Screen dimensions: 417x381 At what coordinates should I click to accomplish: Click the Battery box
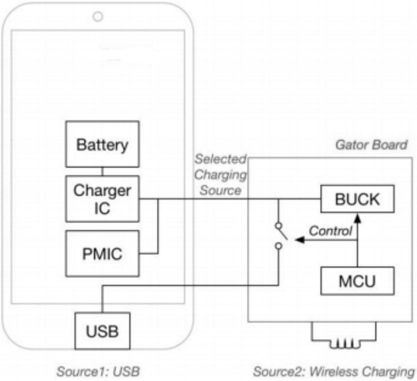(x=103, y=144)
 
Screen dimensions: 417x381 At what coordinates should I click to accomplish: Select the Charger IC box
(x=103, y=198)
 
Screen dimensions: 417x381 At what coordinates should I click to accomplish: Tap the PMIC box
(x=103, y=253)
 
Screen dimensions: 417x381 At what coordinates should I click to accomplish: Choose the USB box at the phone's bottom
(x=103, y=330)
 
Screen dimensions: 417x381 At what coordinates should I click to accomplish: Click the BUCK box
(x=357, y=199)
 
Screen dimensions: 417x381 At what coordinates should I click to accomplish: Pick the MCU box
(x=357, y=281)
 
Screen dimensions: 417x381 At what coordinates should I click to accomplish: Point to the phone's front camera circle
(x=98, y=17)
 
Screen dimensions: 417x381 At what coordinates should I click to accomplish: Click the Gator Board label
(x=371, y=145)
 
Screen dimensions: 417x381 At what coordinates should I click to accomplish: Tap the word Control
(x=331, y=231)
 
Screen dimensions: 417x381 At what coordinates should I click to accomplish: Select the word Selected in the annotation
(x=221, y=159)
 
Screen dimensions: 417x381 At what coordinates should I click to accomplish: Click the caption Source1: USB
(x=98, y=372)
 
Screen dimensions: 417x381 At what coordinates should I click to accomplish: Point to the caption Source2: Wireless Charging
(x=334, y=372)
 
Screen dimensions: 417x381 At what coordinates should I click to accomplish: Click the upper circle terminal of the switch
(x=279, y=225)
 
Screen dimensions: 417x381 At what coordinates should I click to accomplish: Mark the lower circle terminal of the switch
(x=279, y=246)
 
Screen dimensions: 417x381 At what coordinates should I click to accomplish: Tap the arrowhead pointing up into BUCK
(x=358, y=218)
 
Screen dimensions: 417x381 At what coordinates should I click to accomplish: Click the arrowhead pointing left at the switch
(x=300, y=239)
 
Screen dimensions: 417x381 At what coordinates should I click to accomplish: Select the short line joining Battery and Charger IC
(x=103, y=172)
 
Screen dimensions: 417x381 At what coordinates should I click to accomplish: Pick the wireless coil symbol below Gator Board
(x=344, y=335)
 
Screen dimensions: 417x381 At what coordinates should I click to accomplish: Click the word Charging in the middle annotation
(x=220, y=175)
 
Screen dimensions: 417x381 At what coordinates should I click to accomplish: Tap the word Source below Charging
(x=220, y=190)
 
